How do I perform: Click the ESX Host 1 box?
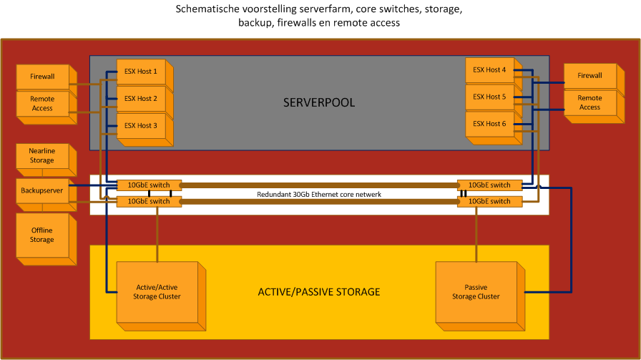tap(140, 72)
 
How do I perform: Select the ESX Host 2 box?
tap(140, 99)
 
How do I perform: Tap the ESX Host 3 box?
tap(140, 126)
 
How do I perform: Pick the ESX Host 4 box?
tap(489, 70)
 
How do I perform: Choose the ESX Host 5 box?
tap(489, 97)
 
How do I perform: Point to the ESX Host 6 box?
tap(489, 124)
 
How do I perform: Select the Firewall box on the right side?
tap(589, 76)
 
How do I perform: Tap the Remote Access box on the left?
tap(42, 103)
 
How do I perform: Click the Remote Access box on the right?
tap(589, 102)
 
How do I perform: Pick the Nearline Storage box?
tap(42, 156)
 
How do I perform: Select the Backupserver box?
tap(42, 192)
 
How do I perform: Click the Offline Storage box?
tap(42, 235)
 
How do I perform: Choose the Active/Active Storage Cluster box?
tap(158, 292)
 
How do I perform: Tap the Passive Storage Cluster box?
tap(475, 291)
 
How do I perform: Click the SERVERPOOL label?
tap(319, 103)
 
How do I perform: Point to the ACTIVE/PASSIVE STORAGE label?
tap(319, 292)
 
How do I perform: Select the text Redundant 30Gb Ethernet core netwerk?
tap(319, 195)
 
